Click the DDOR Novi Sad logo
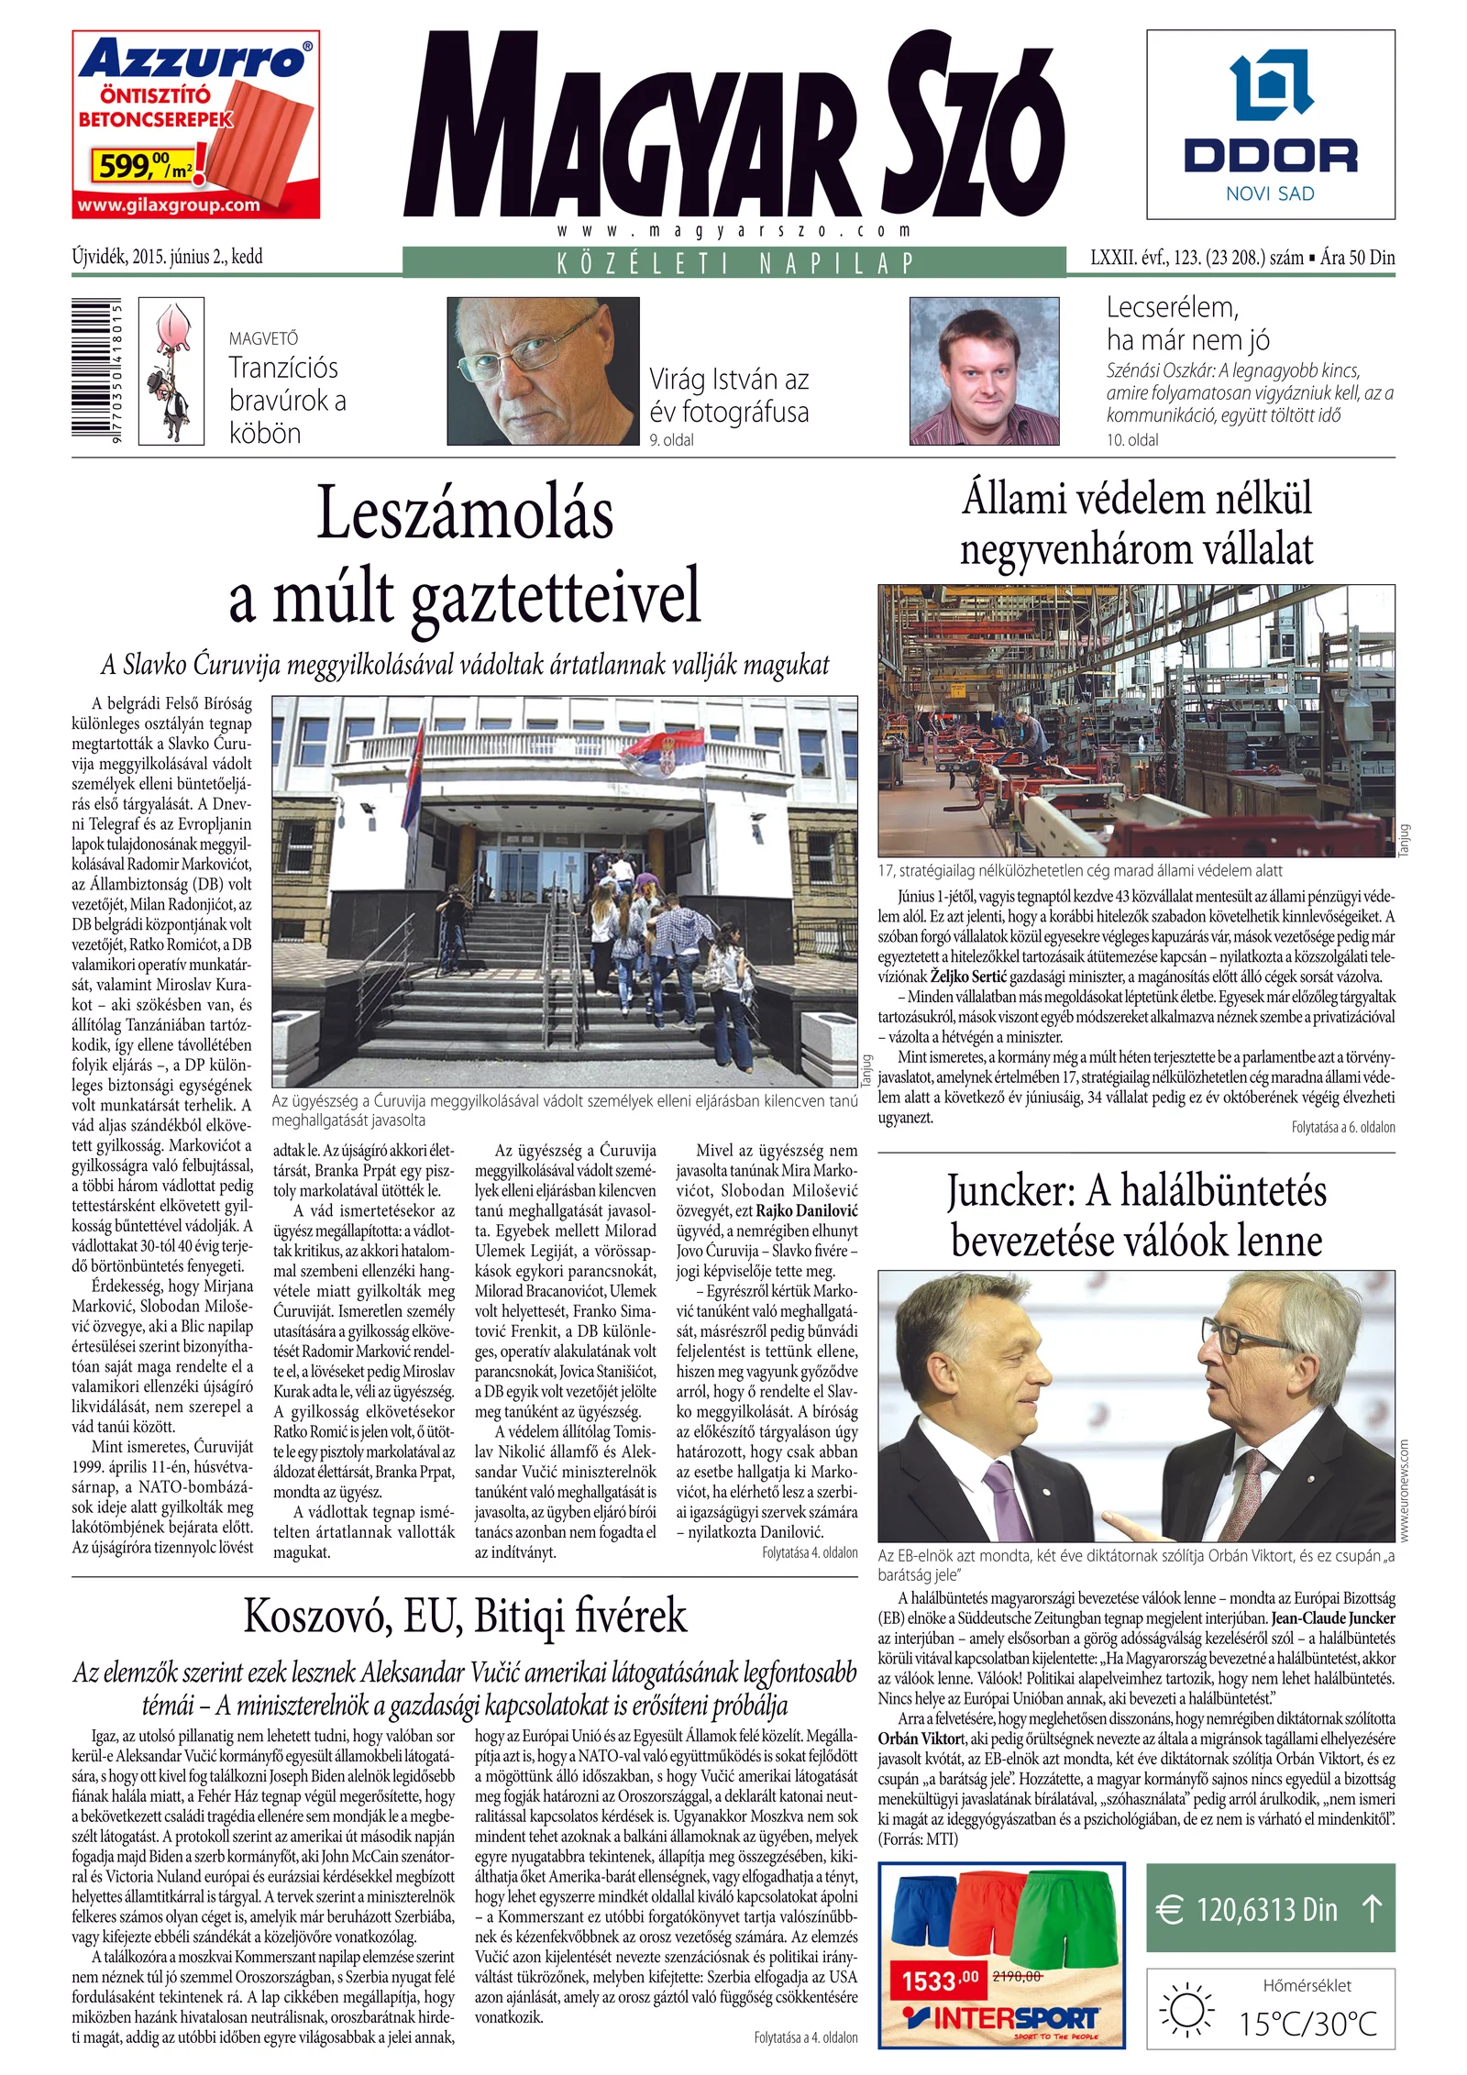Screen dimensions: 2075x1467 point(1270,125)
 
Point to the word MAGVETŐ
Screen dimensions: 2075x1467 point(263,338)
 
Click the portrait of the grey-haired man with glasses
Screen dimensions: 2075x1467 point(543,370)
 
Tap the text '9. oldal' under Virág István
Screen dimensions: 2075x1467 point(671,440)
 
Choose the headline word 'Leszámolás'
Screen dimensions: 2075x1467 point(465,513)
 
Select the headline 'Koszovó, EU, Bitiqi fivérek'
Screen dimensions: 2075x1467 point(465,1616)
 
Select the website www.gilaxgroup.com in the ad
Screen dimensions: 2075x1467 point(169,204)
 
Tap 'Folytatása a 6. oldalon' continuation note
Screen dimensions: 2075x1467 point(1342,1127)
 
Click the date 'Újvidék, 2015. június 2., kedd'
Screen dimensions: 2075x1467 point(167,257)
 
